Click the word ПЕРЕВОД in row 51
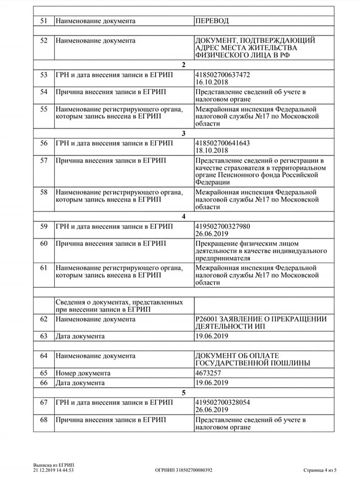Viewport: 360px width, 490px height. click(212, 21)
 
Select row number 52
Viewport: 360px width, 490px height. click(43, 40)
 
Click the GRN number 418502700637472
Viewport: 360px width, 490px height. click(223, 75)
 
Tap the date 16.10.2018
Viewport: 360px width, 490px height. click(211, 81)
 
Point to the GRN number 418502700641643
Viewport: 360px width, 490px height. click(223, 143)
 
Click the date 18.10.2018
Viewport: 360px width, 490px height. click(211, 150)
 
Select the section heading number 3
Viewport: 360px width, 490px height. click(184, 134)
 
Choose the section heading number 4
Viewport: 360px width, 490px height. click(184, 216)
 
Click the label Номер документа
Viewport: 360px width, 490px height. click(83, 373)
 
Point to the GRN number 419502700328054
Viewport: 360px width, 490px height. click(223, 402)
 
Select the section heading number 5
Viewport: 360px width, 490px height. click(184, 393)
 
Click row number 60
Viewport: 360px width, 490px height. click(43, 243)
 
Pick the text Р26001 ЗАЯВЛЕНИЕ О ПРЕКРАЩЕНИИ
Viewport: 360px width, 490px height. click(260, 320)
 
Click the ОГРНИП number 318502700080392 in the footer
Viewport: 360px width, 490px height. click(184, 471)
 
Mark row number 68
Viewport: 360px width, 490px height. click(43, 420)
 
